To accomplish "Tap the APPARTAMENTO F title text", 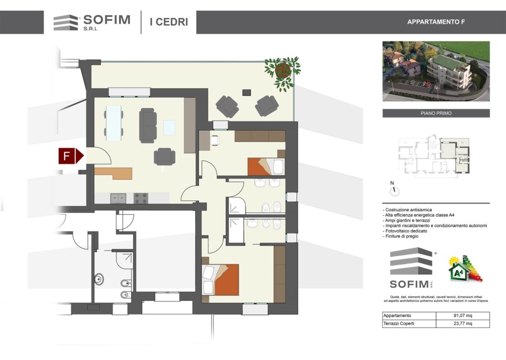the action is point(436,22).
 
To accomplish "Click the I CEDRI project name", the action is point(169,22).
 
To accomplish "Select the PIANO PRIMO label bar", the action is point(436,113).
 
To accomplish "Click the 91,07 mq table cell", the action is point(463,316).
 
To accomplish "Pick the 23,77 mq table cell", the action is point(463,323).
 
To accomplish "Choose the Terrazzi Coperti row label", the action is point(399,323).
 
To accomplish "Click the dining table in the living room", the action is point(114,123).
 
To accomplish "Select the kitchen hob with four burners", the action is point(141,198).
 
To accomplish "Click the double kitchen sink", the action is point(119,198).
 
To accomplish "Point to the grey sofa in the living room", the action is point(148,125).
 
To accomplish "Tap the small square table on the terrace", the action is point(247,92).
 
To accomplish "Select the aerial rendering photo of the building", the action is point(436,71).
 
